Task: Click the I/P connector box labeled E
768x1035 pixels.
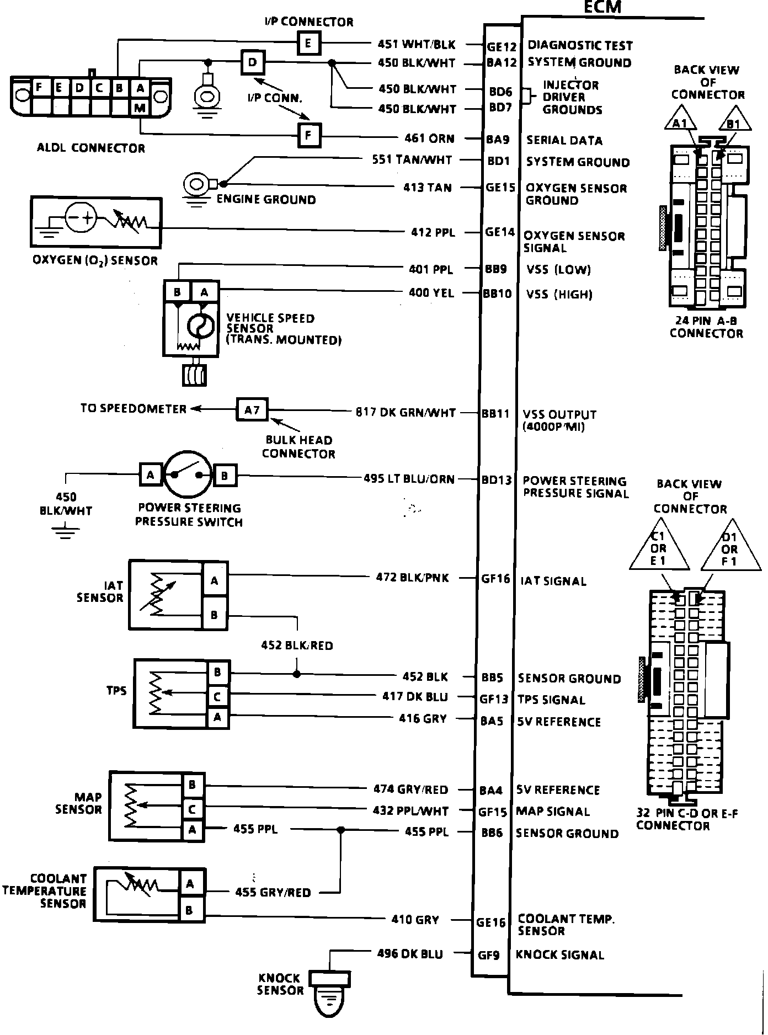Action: tap(308, 42)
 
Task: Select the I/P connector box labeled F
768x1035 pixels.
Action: tap(309, 135)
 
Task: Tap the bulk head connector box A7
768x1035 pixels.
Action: tap(252, 410)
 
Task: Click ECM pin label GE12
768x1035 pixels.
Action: tap(502, 47)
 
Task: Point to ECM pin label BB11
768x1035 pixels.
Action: tap(495, 413)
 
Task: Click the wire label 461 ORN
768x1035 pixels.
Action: tap(429, 138)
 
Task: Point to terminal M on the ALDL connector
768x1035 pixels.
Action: tap(140, 108)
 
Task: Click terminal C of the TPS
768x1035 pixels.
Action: tap(217, 697)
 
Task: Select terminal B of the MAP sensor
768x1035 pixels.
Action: tap(192, 785)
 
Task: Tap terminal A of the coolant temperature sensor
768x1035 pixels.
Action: tap(190, 884)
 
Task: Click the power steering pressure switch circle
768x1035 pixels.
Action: tap(187, 475)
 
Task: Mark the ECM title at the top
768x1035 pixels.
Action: tap(602, 7)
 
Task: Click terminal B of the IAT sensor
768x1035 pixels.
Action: tap(214, 615)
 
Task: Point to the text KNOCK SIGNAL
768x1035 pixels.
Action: tap(560, 954)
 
